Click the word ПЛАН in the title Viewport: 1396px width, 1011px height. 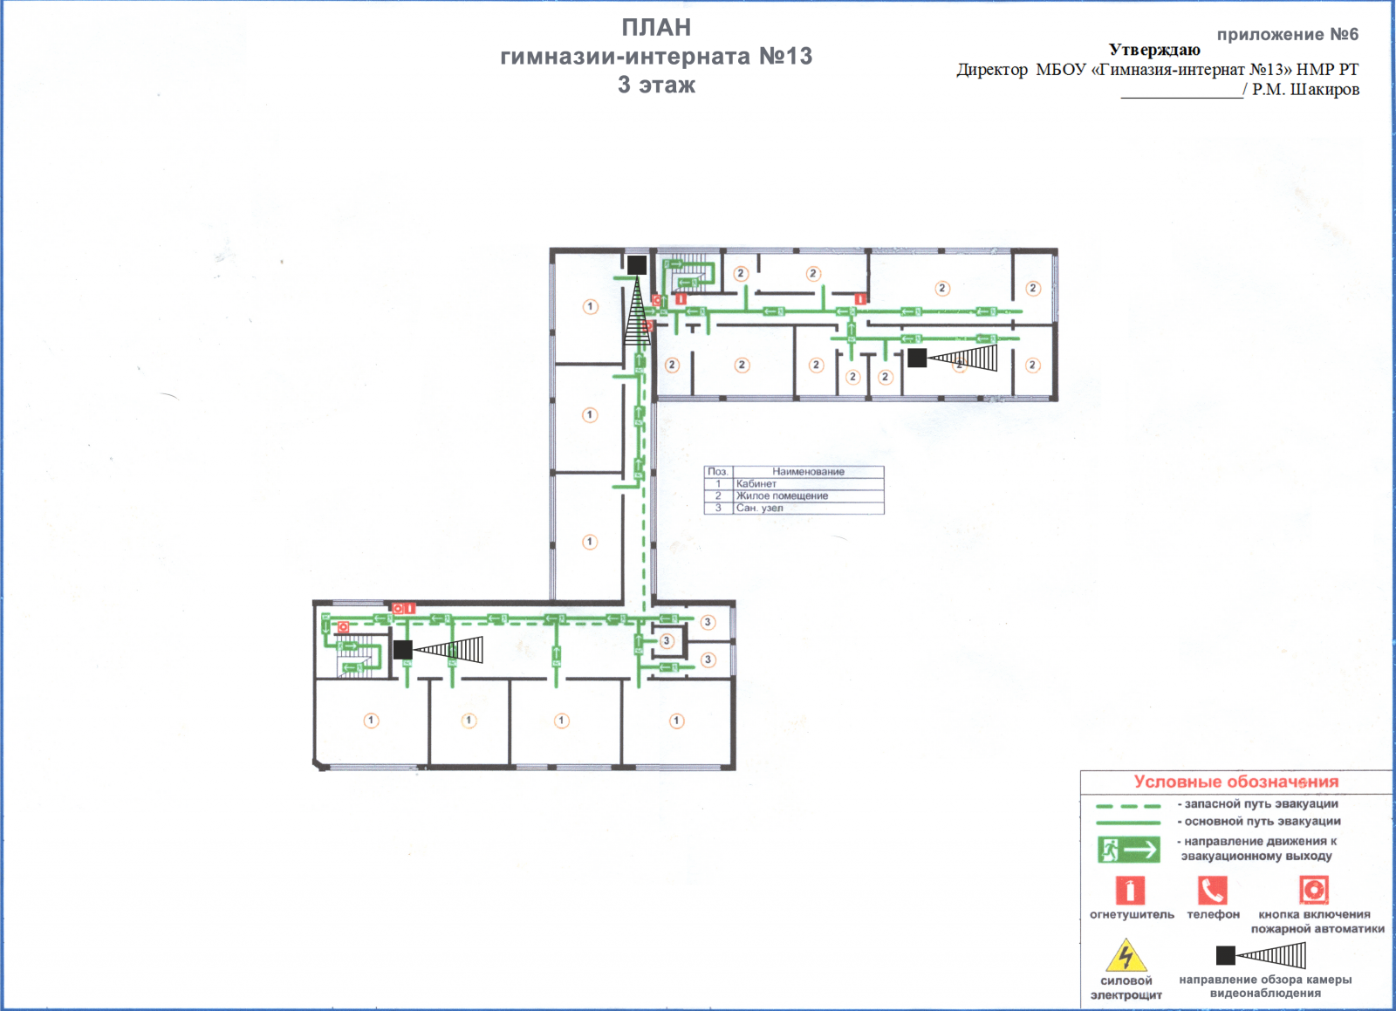point(656,27)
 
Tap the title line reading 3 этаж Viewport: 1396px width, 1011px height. point(656,85)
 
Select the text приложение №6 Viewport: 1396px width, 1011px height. point(1288,34)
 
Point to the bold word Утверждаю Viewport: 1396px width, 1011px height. point(1154,50)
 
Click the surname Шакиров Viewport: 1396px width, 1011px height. point(1324,90)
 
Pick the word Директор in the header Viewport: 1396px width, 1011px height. point(992,70)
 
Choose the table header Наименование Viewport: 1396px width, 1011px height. point(808,472)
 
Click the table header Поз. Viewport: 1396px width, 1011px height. point(718,472)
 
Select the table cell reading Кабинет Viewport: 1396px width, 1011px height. point(756,483)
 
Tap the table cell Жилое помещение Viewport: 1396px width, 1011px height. point(782,495)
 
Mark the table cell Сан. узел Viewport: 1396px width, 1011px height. point(759,508)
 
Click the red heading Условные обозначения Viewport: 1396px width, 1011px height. point(1235,782)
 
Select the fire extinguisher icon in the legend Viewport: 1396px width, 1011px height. point(1130,890)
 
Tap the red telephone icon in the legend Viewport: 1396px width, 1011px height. point(1212,890)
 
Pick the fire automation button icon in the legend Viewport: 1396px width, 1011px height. point(1314,890)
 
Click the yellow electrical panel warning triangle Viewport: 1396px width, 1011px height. point(1126,956)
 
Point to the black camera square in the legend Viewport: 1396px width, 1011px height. point(1225,955)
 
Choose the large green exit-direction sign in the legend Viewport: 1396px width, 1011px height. point(1129,850)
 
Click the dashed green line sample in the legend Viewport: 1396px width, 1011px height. point(1128,806)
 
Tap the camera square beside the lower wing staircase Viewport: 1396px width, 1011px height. point(402,650)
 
